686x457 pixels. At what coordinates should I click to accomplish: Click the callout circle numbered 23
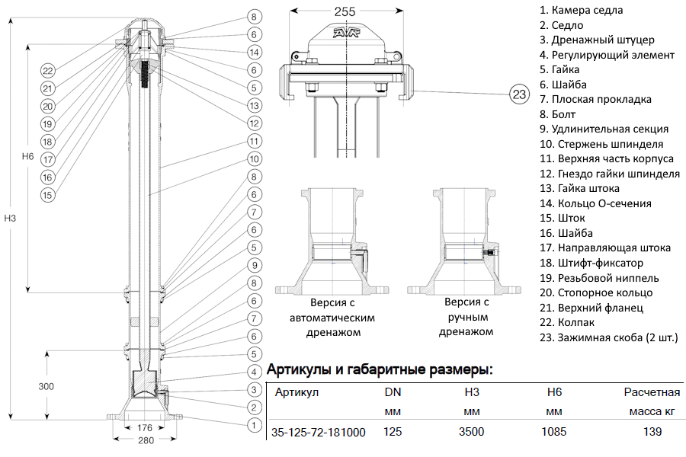[x=519, y=95]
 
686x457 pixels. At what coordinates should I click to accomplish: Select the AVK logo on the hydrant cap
[x=347, y=34]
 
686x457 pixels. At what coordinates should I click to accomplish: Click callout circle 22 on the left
[x=47, y=71]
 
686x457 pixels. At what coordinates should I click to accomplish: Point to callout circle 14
[x=255, y=53]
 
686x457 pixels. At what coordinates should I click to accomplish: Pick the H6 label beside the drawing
[x=28, y=156]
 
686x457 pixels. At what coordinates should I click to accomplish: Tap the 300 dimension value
[x=46, y=386]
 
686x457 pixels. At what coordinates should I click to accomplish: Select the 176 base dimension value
[x=145, y=429]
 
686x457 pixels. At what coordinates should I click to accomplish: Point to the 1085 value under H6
[x=554, y=433]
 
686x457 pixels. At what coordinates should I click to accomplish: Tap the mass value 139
[x=652, y=433]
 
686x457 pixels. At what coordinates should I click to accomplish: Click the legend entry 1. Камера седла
[x=581, y=11]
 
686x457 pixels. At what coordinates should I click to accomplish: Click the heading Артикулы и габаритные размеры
[x=380, y=371]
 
